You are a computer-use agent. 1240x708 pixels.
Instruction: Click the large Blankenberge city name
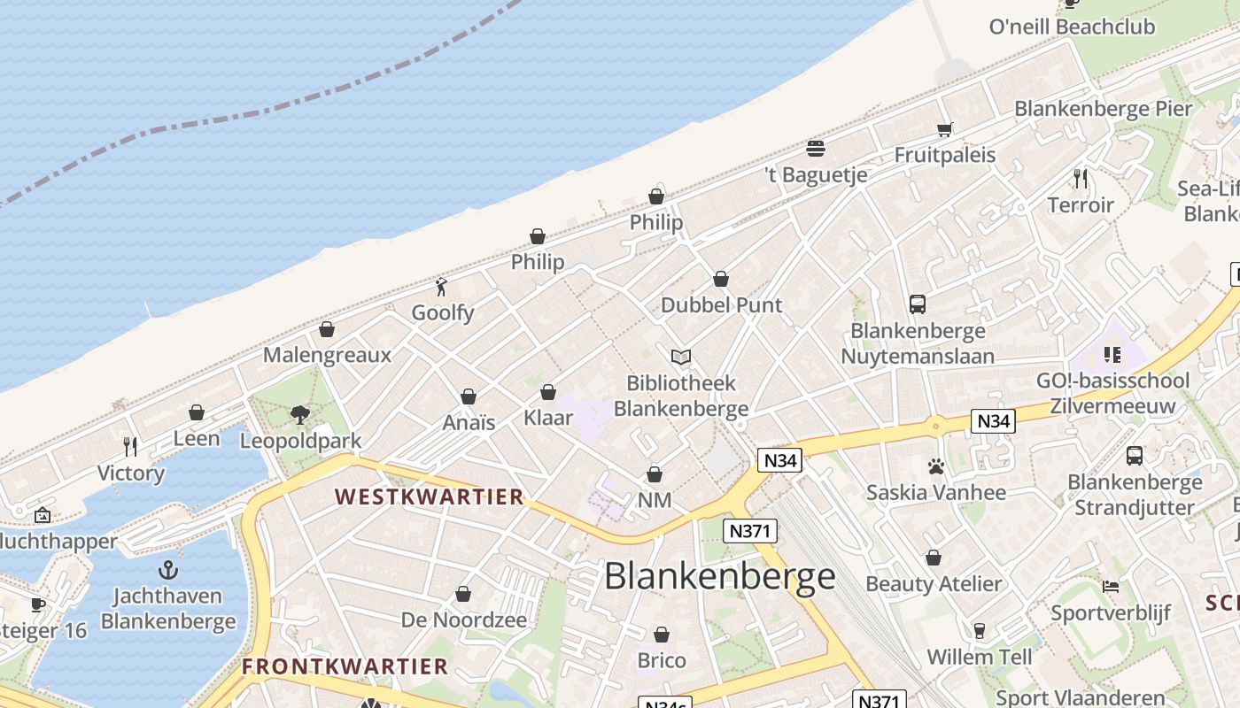(x=719, y=576)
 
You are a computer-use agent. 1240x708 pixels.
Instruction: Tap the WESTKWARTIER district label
(x=430, y=496)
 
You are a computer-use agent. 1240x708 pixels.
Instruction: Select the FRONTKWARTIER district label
(x=345, y=666)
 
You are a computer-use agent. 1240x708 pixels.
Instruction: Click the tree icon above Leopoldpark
(x=300, y=414)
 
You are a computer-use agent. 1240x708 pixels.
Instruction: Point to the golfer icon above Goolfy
(x=442, y=287)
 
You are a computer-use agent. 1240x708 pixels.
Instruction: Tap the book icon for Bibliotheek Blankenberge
(x=680, y=357)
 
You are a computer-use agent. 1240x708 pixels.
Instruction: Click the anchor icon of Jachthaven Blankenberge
(x=167, y=569)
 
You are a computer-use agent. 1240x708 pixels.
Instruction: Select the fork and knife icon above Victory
(x=130, y=446)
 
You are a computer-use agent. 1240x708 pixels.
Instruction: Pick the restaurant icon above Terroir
(x=1080, y=179)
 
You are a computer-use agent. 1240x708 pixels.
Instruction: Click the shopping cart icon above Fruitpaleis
(x=945, y=129)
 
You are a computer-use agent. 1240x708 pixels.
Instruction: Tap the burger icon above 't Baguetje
(x=816, y=148)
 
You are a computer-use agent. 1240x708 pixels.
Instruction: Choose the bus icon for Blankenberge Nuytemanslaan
(x=918, y=304)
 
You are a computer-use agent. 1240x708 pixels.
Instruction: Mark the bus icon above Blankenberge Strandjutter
(x=1134, y=456)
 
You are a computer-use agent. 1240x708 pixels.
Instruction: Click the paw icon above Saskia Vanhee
(x=935, y=466)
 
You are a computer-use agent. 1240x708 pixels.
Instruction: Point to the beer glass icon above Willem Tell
(x=979, y=630)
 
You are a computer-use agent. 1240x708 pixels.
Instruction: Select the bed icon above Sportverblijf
(x=1111, y=586)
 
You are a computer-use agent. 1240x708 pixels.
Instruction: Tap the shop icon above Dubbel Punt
(x=721, y=279)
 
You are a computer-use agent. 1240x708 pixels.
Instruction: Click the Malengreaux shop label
(x=327, y=355)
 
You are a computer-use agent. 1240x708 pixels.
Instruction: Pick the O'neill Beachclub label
(x=1072, y=27)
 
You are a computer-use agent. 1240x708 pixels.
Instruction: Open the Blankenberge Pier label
(x=1103, y=109)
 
